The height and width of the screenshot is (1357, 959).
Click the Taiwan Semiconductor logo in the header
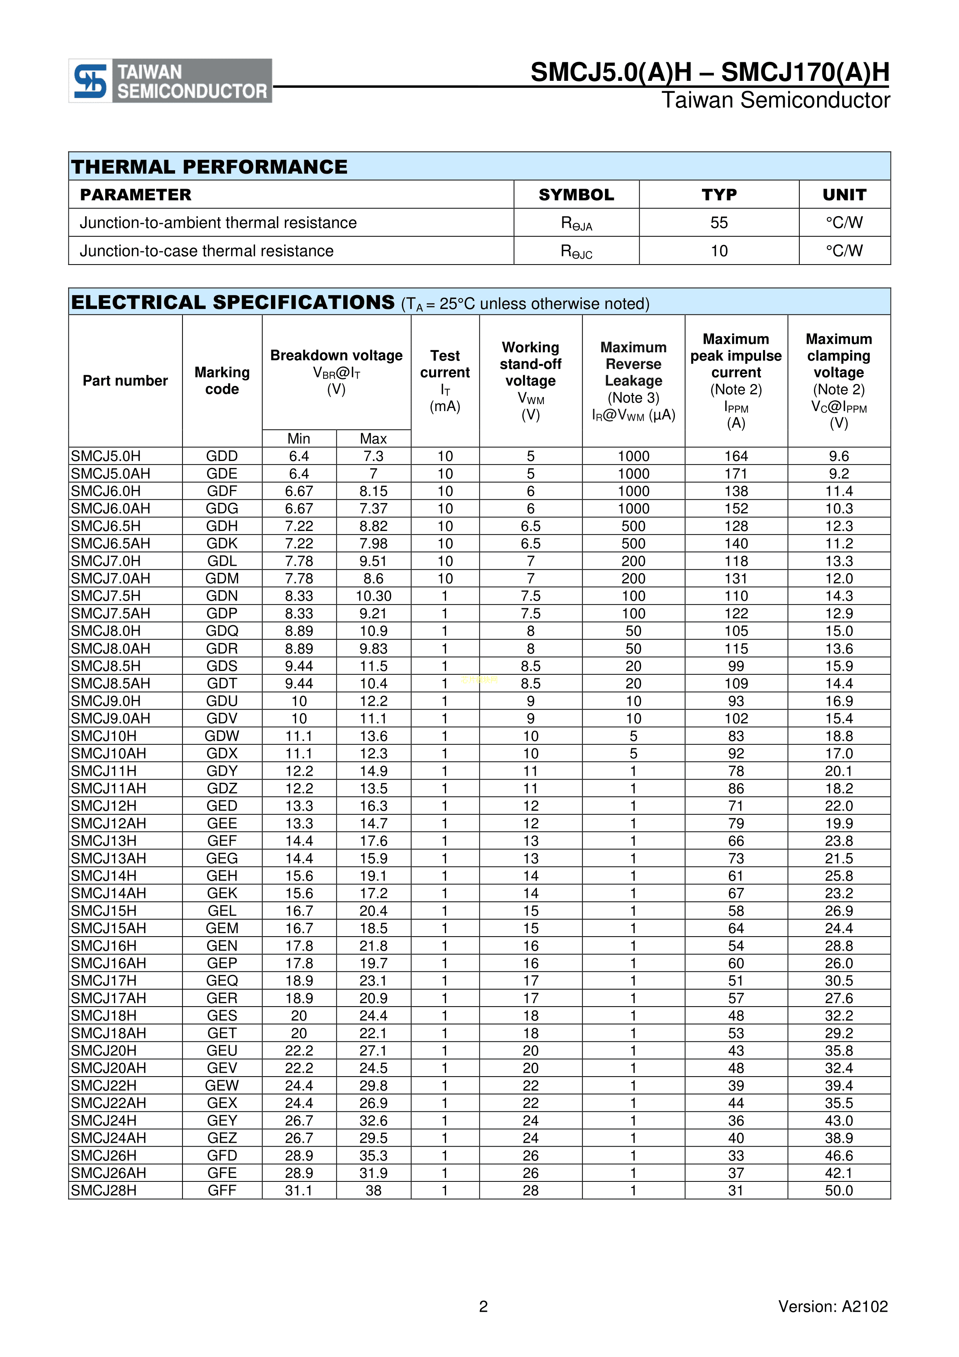click(x=170, y=81)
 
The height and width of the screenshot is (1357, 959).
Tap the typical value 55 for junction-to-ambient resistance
click(x=719, y=223)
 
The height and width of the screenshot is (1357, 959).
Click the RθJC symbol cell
click(x=576, y=252)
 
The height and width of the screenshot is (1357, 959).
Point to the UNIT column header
click(x=844, y=195)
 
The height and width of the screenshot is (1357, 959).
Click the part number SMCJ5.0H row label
click(x=106, y=456)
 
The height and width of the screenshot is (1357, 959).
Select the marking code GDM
click(x=222, y=579)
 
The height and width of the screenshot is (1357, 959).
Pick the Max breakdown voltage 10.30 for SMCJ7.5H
click(x=373, y=596)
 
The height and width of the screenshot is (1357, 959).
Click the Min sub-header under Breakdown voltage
click(x=299, y=439)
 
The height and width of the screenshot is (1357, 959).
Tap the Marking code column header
click(x=222, y=381)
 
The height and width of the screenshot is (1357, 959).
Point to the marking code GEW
click(x=222, y=1086)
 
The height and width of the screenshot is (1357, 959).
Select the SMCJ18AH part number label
click(x=109, y=1033)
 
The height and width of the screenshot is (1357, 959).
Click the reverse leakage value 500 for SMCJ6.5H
click(x=634, y=526)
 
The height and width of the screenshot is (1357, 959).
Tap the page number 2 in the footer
click(x=483, y=1306)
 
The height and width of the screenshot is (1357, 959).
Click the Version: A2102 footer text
click(x=833, y=1306)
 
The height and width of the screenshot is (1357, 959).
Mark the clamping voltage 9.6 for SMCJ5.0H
click(x=838, y=456)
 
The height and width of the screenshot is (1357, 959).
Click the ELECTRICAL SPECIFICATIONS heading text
click(x=233, y=302)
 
